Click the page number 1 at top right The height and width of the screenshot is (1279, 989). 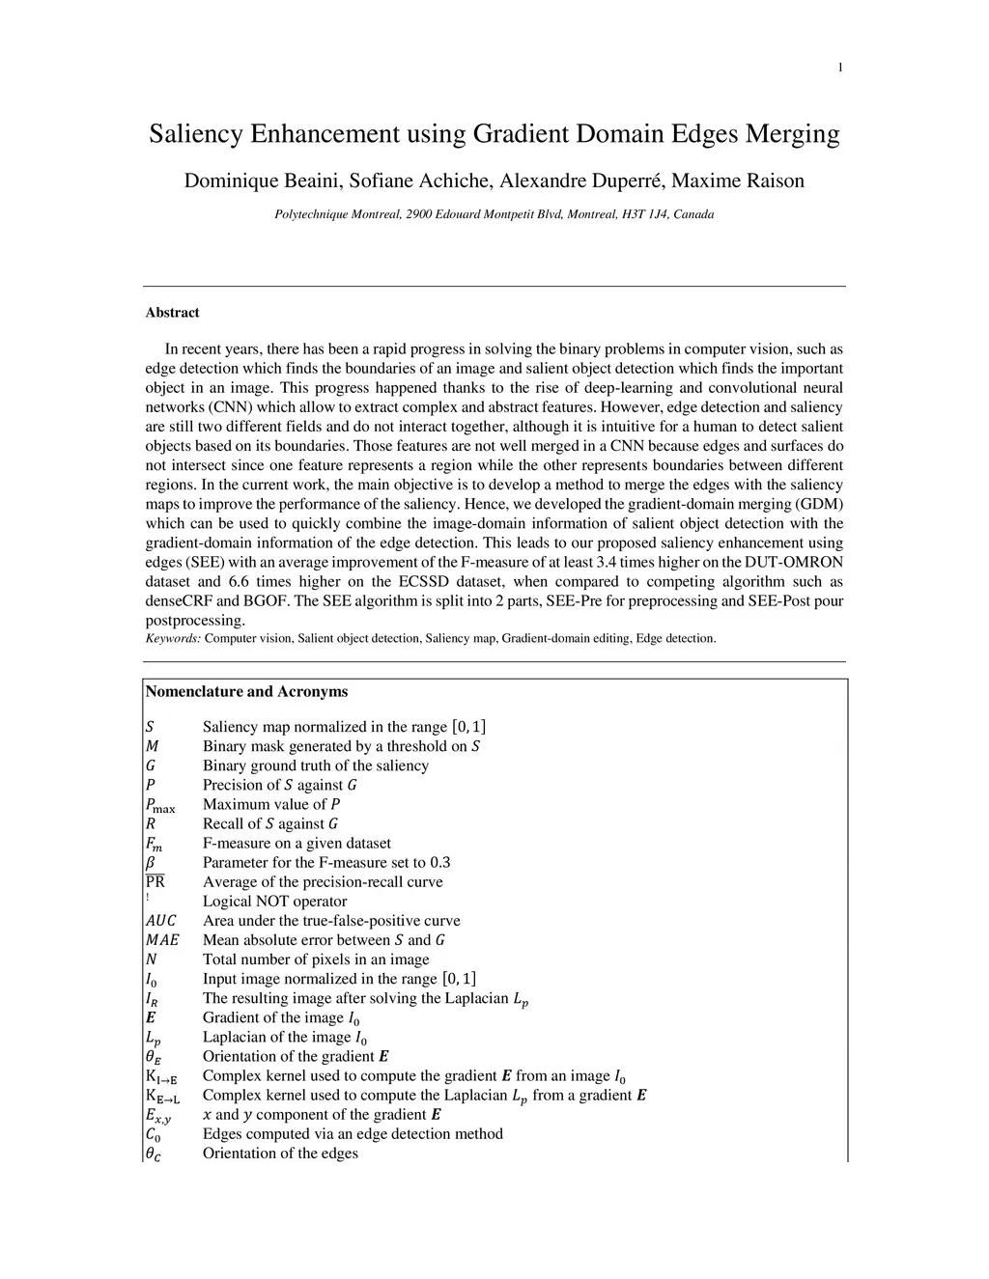(839, 67)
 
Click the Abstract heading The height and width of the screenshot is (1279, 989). (172, 313)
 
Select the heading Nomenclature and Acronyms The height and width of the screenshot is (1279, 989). (246, 691)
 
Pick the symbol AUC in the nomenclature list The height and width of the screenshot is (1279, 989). (160, 921)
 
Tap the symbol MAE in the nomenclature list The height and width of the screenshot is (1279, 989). (161, 940)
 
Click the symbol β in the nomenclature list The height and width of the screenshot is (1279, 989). (151, 863)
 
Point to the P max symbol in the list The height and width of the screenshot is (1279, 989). (159, 805)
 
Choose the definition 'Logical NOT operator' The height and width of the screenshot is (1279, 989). (274, 902)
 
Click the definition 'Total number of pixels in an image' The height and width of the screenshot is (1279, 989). (316, 959)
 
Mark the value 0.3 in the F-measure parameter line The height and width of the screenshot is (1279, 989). (439, 863)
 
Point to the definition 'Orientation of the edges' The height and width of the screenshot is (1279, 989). (280, 1154)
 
